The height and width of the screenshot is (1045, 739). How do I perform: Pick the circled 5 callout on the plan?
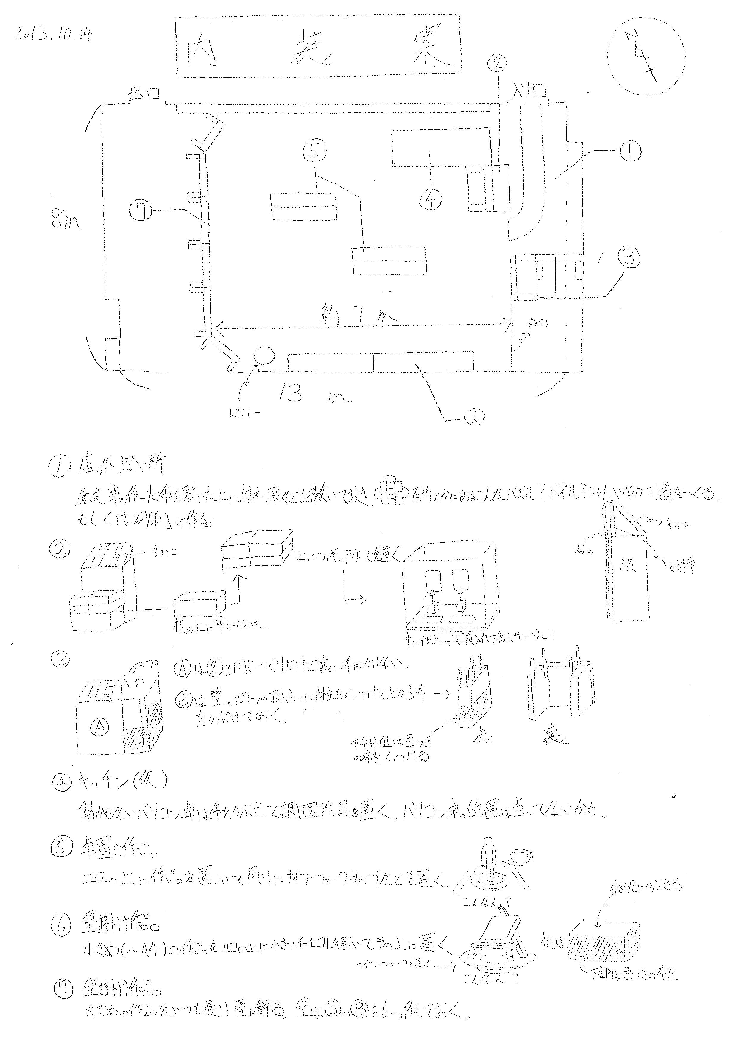314,152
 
